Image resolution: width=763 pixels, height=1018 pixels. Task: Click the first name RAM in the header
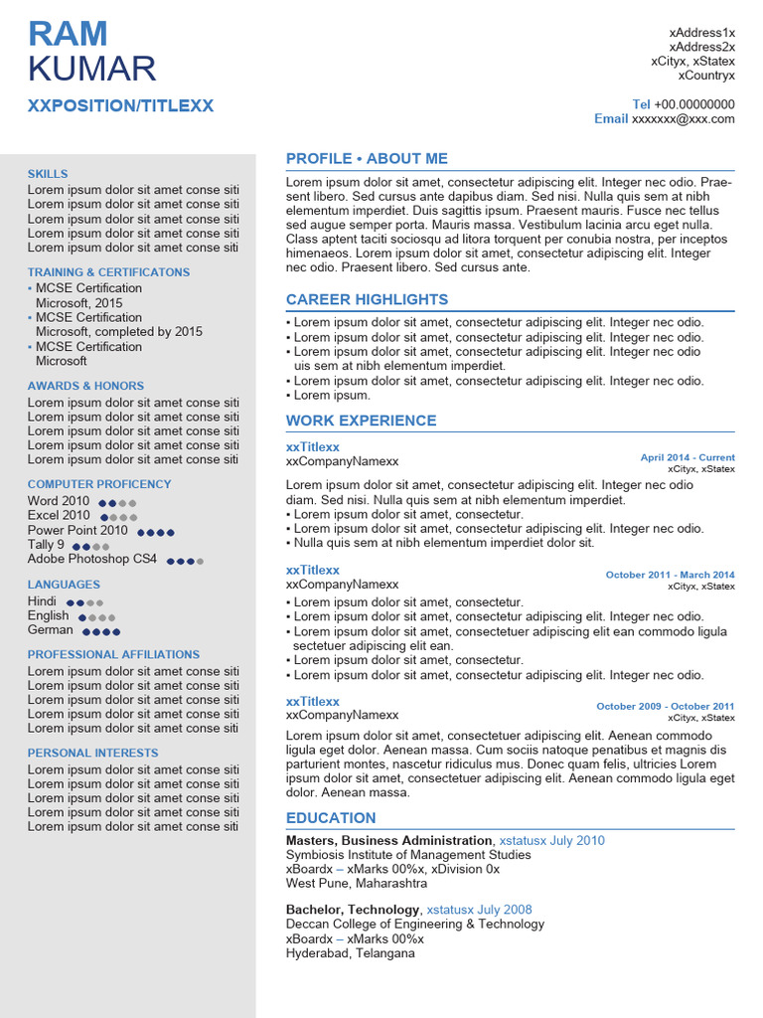68,34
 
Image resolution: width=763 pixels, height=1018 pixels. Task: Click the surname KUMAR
91,70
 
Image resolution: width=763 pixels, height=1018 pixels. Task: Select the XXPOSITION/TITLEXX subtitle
120,106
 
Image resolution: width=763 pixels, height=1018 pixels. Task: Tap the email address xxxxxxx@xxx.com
684,119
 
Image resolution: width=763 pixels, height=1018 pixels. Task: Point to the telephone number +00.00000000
694,104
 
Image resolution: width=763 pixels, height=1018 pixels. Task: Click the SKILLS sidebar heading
48,174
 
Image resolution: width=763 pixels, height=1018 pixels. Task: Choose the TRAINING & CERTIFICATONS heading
108,272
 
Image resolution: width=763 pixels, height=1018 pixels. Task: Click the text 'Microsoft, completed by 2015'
118,332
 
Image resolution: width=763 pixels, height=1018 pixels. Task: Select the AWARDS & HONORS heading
85,386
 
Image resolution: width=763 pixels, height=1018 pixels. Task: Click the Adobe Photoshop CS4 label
91,559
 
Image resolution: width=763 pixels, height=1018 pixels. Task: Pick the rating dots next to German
101,631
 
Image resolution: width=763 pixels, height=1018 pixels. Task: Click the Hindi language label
42,601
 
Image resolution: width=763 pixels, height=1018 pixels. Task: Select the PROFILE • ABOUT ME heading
367,159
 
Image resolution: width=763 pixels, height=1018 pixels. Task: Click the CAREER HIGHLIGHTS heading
367,300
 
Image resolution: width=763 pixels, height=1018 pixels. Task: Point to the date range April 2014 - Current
687,458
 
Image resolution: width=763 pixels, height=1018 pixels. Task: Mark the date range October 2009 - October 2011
665,707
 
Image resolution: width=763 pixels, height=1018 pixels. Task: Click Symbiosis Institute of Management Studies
408,855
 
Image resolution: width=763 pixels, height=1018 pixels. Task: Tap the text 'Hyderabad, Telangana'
350,953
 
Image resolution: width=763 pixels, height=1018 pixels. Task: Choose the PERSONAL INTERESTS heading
92,754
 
